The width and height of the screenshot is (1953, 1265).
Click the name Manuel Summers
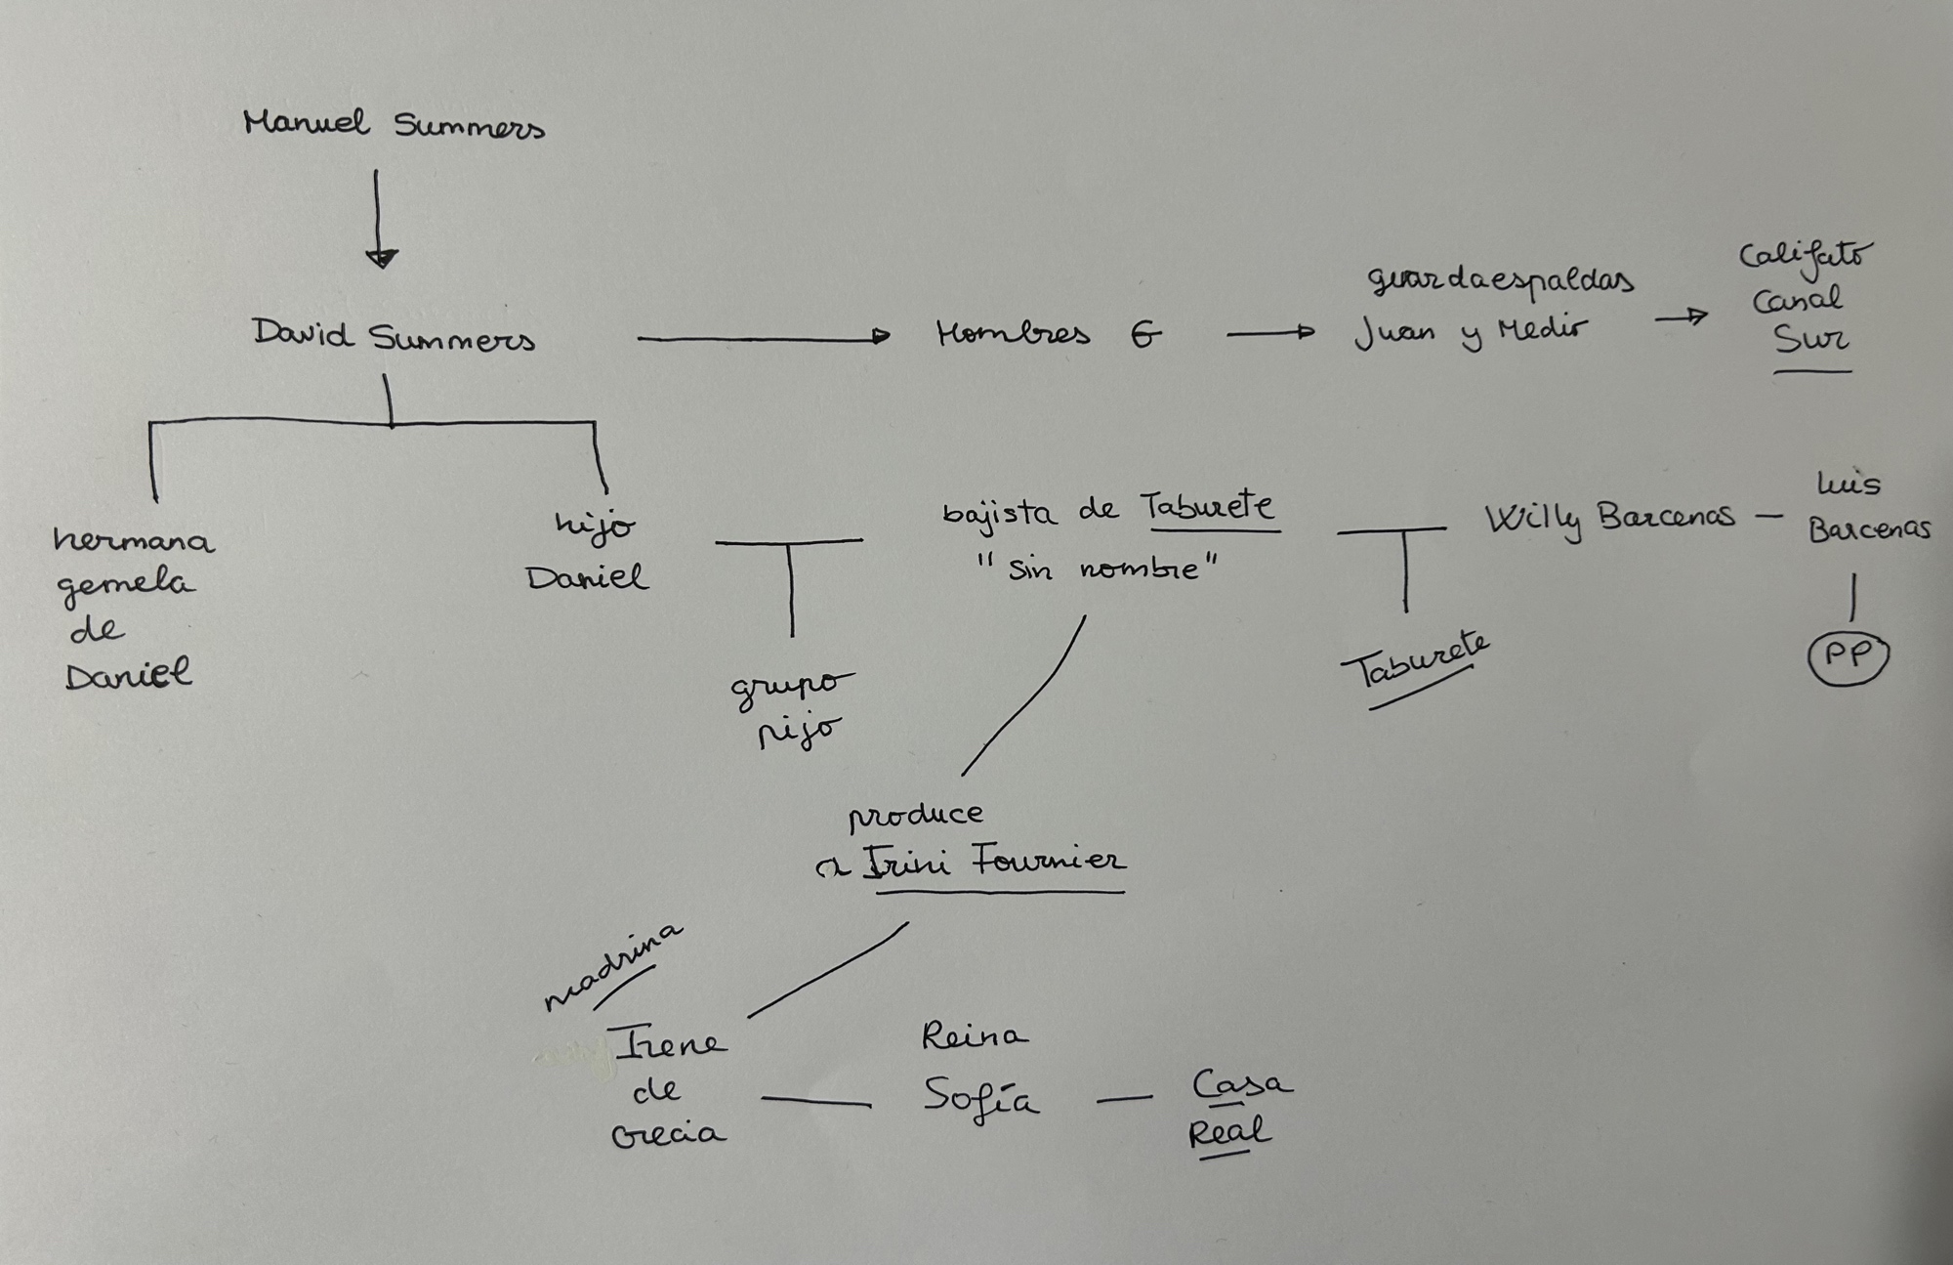pyautogui.click(x=394, y=125)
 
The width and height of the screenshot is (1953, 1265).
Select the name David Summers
pyautogui.click(x=394, y=336)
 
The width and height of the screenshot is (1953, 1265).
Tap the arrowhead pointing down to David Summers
pyautogui.click(x=381, y=258)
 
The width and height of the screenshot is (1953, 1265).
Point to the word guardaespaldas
pyautogui.click(x=1500, y=280)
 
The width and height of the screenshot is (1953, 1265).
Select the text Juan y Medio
pyautogui.click(x=1471, y=332)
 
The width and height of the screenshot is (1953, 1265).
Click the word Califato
pyautogui.click(x=1806, y=256)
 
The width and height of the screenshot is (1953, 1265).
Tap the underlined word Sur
pyautogui.click(x=1810, y=340)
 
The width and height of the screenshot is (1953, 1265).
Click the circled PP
pyautogui.click(x=1848, y=656)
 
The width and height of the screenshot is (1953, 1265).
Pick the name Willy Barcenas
pyautogui.click(x=1609, y=519)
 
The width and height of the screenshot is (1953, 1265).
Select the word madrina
pyautogui.click(x=612, y=967)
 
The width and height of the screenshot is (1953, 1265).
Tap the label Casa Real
pyautogui.click(x=1237, y=1109)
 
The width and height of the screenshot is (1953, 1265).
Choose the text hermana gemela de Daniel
pyautogui.click(x=130, y=607)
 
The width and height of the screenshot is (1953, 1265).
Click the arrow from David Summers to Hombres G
pyautogui.click(x=763, y=337)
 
